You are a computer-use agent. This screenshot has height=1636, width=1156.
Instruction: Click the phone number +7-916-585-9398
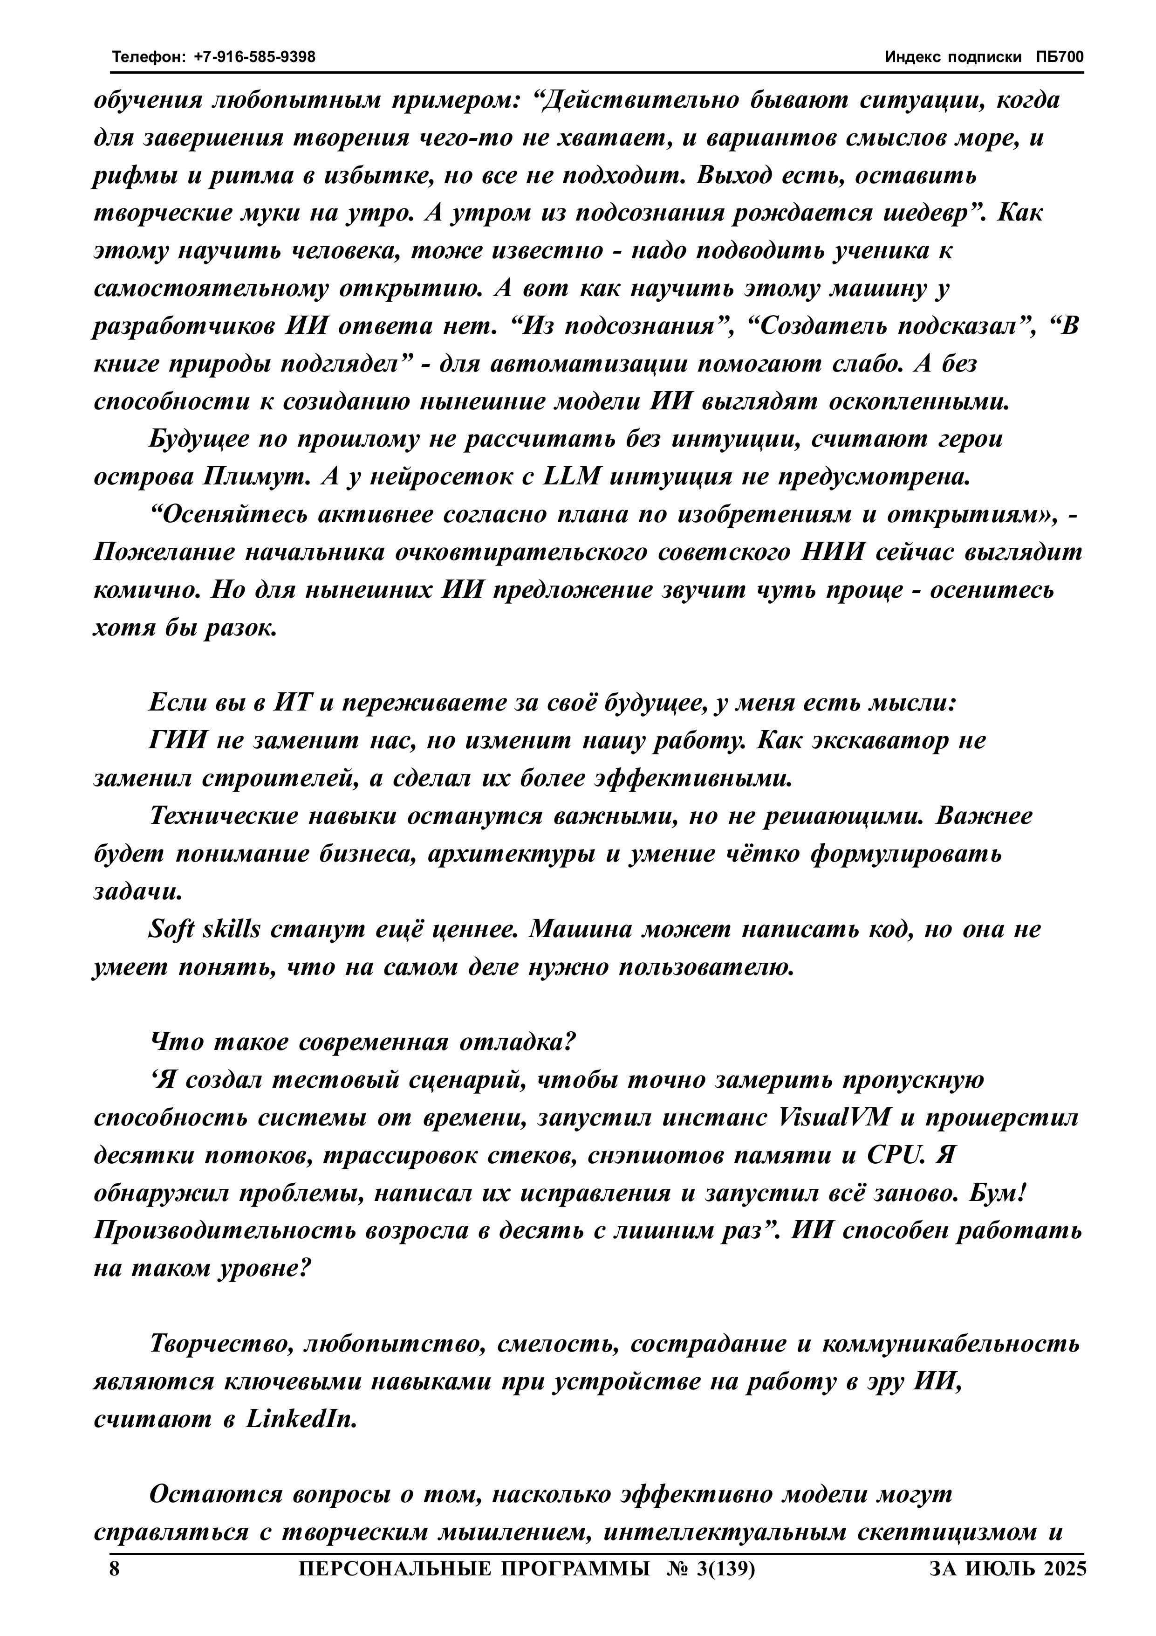(x=254, y=57)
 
